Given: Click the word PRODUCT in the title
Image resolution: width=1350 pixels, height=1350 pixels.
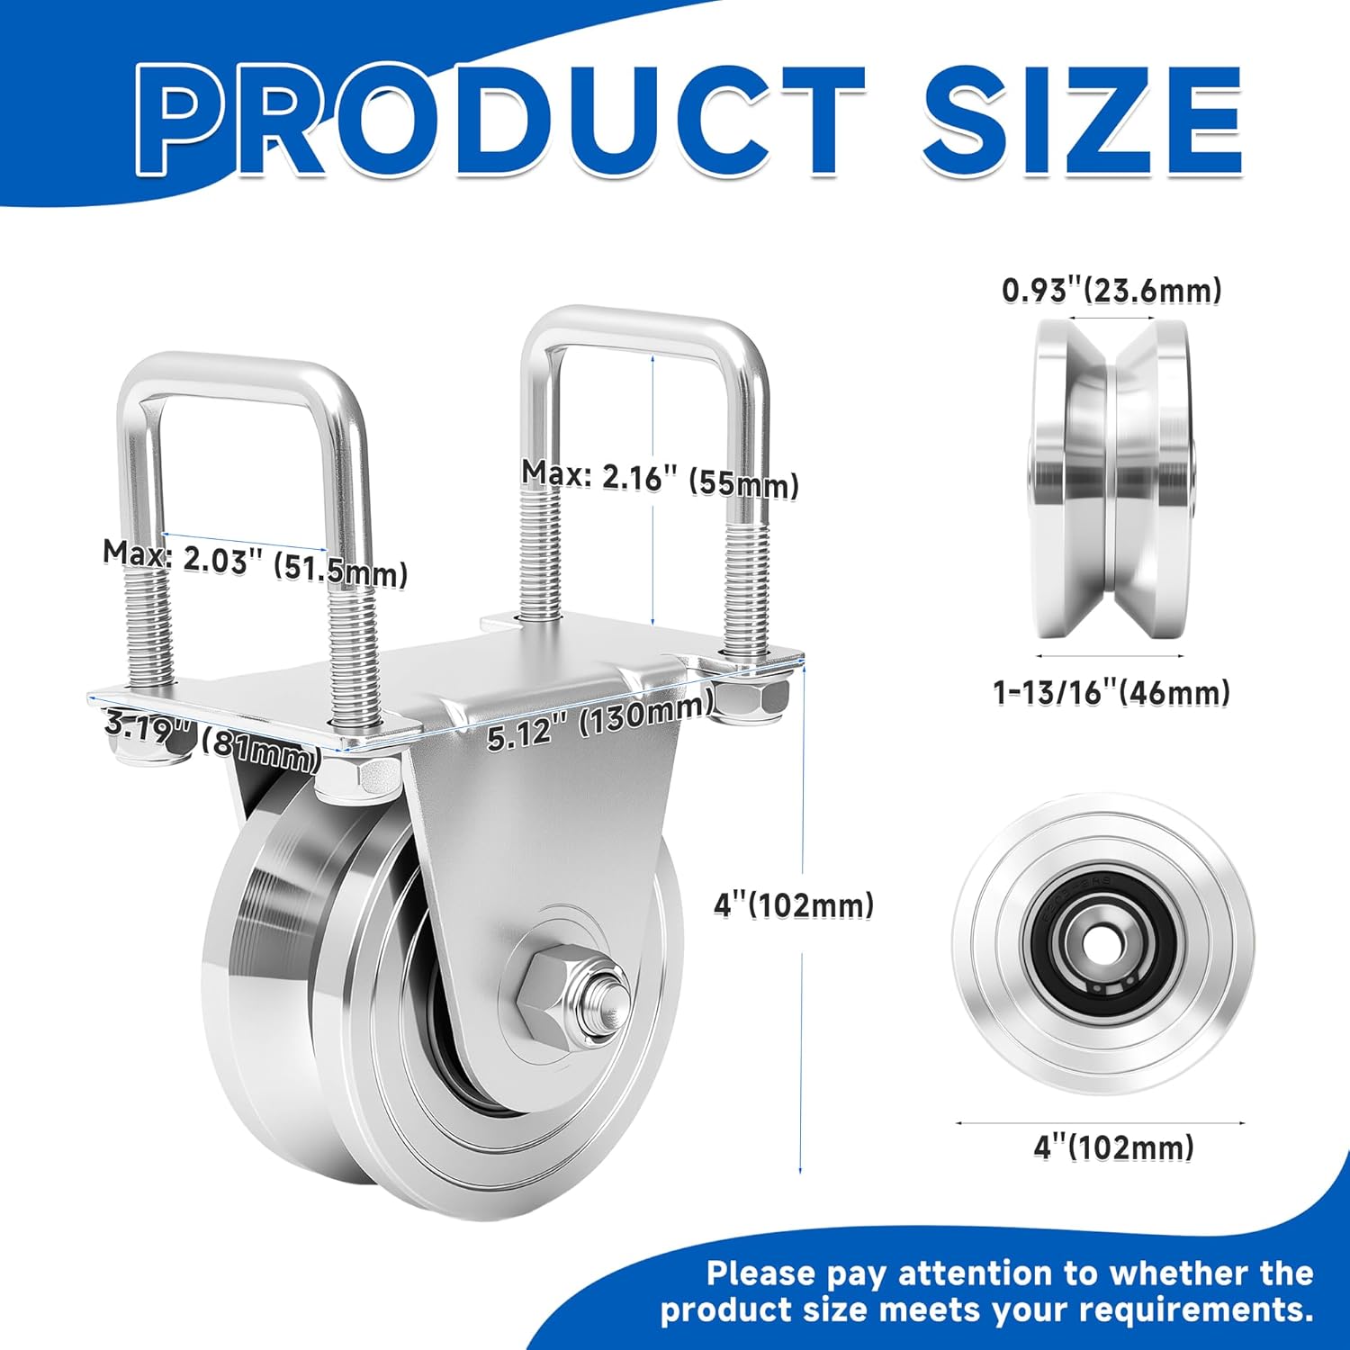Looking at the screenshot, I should (x=499, y=121).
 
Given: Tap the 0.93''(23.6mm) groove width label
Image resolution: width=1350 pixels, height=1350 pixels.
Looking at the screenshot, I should (x=1111, y=290).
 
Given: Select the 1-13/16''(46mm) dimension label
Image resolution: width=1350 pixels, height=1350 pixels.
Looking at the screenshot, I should (x=1111, y=692).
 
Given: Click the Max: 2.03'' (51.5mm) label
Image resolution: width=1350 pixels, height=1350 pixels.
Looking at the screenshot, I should (x=255, y=562).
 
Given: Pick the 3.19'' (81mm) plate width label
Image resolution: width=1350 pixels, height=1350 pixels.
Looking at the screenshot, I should (x=212, y=739).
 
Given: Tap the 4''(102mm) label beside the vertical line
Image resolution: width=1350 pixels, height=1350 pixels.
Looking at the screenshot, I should (x=794, y=904).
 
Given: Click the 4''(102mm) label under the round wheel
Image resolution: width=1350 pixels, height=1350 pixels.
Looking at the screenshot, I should (x=1113, y=1147).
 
